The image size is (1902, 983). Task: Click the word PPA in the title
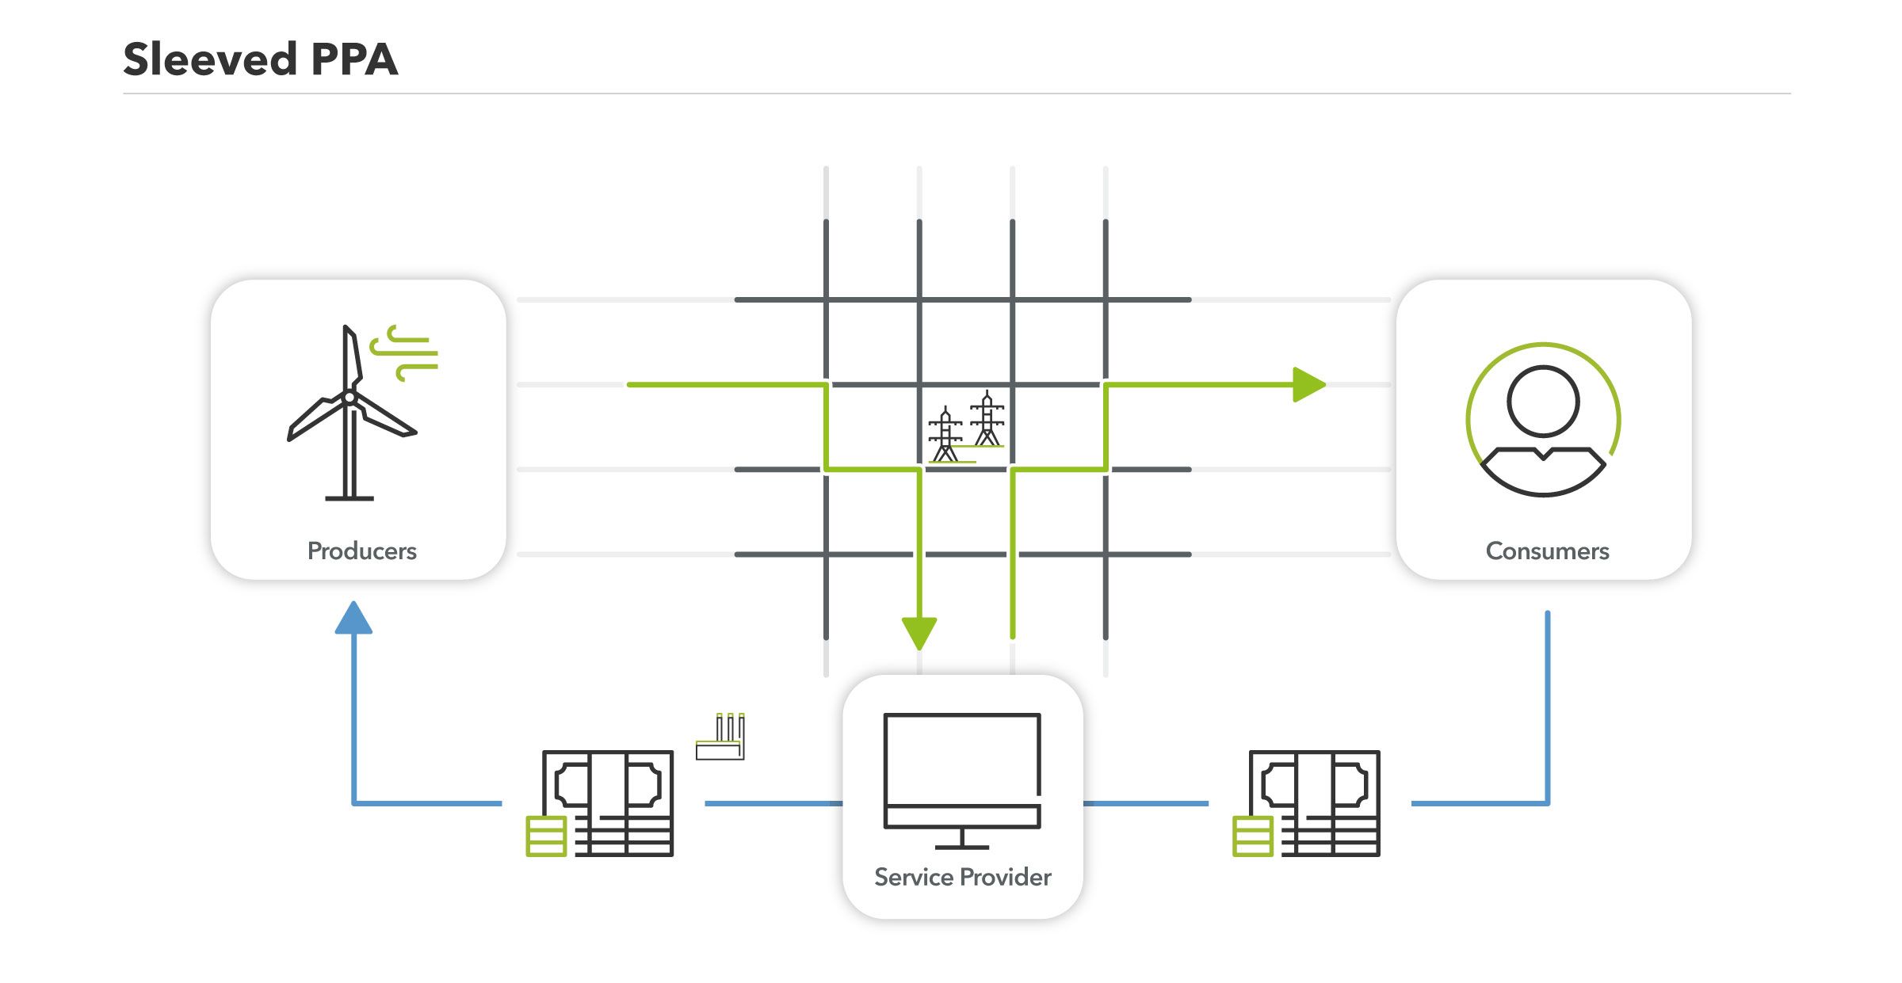click(354, 59)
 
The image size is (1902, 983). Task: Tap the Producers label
click(361, 551)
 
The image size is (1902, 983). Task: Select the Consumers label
click(1547, 551)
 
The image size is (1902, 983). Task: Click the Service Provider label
click(962, 877)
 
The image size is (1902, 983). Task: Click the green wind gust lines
click(406, 352)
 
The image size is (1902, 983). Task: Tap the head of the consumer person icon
click(1543, 401)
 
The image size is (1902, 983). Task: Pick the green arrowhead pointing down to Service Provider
click(919, 632)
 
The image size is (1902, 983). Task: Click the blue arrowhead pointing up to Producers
click(353, 618)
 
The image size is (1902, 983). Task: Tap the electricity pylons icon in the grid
click(967, 428)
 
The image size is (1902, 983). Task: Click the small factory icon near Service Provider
click(720, 737)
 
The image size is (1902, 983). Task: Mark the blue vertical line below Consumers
click(1547, 705)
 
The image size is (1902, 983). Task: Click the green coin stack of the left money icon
click(546, 836)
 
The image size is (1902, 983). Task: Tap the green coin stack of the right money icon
click(1252, 836)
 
